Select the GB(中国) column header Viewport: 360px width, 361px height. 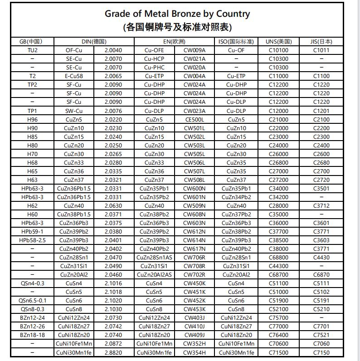point(32,42)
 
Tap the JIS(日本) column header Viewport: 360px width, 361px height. point(321,42)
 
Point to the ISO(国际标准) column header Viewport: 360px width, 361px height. point(236,42)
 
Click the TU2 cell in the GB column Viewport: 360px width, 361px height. point(32,50)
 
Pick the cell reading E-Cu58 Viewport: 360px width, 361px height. point(73,76)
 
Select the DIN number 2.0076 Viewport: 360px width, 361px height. point(113,111)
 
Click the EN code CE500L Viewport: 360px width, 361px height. point(194,120)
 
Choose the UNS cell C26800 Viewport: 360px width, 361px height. point(278,163)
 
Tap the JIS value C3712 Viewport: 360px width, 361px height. point(321,206)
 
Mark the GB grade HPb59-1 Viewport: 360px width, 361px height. point(32,232)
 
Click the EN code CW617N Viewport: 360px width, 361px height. point(194,249)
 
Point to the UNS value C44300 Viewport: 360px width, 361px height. point(278,266)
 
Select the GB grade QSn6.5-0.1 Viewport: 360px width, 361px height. point(32,301)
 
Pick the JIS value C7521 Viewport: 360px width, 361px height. point(321,335)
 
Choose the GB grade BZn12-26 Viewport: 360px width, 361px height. point(32,327)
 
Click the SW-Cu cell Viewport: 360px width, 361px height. point(73,111)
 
